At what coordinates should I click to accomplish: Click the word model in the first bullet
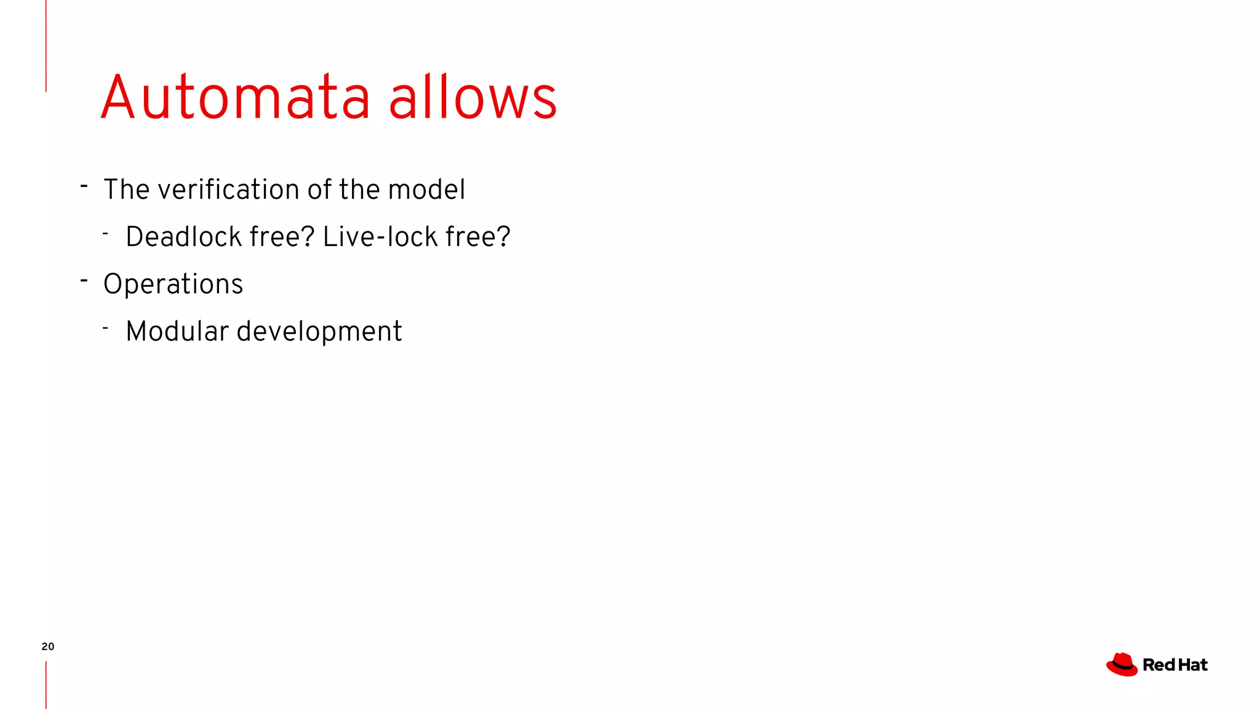tap(426, 190)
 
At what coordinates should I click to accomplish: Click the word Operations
tap(173, 284)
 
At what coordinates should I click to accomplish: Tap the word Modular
tap(177, 331)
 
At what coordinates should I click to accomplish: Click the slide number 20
tap(48, 646)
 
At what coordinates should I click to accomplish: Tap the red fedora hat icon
tap(1122, 665)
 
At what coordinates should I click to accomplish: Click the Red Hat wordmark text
tap(1174, 665)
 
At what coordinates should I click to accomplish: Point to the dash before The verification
tap(84, 186)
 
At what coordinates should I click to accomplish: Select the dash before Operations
tap(84, 281)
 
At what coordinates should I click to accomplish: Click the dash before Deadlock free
tap(106, 234)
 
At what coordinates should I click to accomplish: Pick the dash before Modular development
tap(106, 329)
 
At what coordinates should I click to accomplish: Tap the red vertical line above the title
tap(46, 46)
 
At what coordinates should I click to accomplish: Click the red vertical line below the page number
tap(46, 684)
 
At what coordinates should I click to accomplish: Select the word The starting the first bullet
tap(126, 190)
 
